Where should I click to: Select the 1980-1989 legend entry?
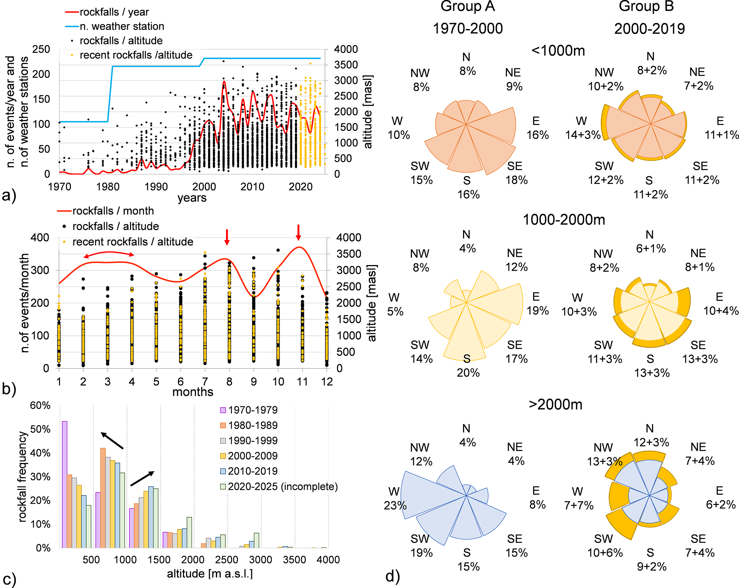click(248, 425)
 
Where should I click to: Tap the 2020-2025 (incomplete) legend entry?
click(279, 487)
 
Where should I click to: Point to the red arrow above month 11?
click(299, 233)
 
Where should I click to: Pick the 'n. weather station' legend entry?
click(115, 26)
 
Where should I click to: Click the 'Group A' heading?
click(467, 6)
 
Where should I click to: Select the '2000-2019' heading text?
click(649, 29)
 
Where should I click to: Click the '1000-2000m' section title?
click(564, 220)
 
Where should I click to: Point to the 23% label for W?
click(395, 505)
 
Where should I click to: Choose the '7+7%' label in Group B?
click(578, 505)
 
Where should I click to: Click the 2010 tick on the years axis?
click(252, 186)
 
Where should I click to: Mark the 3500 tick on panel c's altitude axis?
click(294, 559)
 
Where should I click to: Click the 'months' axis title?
click(192, 392)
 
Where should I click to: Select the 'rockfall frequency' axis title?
click(22, 477)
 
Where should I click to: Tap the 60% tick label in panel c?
click(40, 405)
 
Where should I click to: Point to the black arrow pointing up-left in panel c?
click(112, 440)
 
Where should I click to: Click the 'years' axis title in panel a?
click(192, 198)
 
